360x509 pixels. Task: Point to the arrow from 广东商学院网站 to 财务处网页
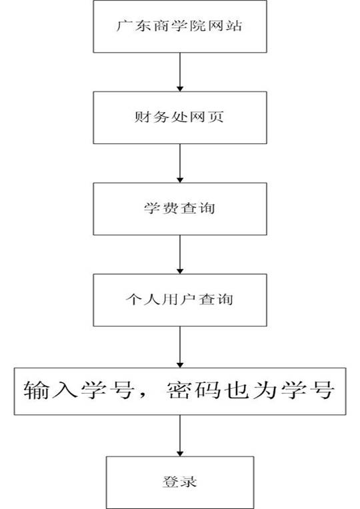pos(180,72)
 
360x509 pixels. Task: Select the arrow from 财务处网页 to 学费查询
pos(180,163)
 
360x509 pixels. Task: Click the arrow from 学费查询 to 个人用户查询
pos(180,255)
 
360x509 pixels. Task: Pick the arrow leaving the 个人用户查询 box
pos(180,347)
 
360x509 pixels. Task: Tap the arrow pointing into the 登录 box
pos(180,436)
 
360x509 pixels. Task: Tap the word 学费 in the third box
pos(161,208)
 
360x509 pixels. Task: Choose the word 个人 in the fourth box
pos(143,300)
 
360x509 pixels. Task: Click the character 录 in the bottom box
pos(189,482)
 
